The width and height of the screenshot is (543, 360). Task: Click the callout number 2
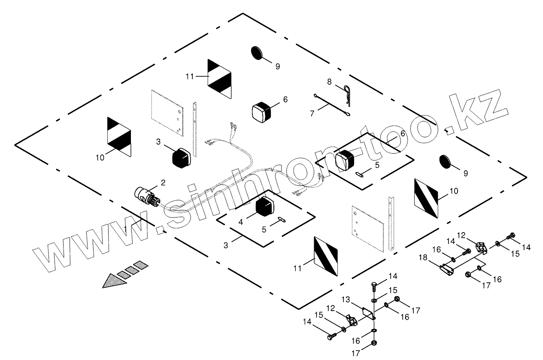tap(163, 183)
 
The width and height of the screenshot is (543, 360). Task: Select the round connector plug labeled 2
tap(146, 197)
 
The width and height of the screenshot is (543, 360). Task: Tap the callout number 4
tap(241, 222)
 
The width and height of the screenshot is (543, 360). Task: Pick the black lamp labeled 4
tap(264, 208)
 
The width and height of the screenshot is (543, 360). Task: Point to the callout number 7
tap(312, 113)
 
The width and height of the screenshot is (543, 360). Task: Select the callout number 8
tap(329, 81)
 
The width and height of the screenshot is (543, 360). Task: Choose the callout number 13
tap(346, 299)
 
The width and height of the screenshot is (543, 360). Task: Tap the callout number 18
tap(423, 258)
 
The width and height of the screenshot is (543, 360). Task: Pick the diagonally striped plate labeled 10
tap(426, 198)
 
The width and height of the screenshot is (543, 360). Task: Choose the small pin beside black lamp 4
tap(281, 219)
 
